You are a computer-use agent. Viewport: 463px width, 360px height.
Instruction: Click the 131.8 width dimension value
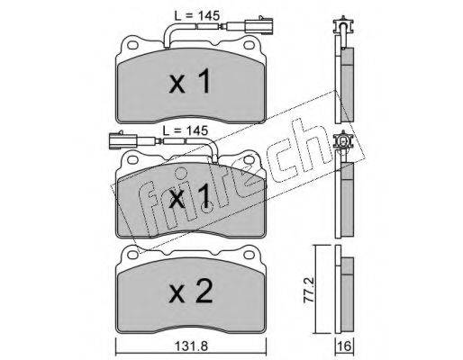(191, 346)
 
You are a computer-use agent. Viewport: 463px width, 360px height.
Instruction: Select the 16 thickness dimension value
(345, 346)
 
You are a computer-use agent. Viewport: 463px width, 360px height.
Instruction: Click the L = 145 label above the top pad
(197, 15)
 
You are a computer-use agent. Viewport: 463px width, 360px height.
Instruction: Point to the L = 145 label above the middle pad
(186, 130)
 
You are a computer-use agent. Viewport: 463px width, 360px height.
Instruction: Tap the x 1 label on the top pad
(190, 80)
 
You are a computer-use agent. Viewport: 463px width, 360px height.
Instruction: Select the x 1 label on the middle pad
(190, 196)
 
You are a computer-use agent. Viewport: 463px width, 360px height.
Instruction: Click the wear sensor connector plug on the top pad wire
(259, 25)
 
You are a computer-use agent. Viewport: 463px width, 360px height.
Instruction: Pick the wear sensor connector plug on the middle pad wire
(123, 139)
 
